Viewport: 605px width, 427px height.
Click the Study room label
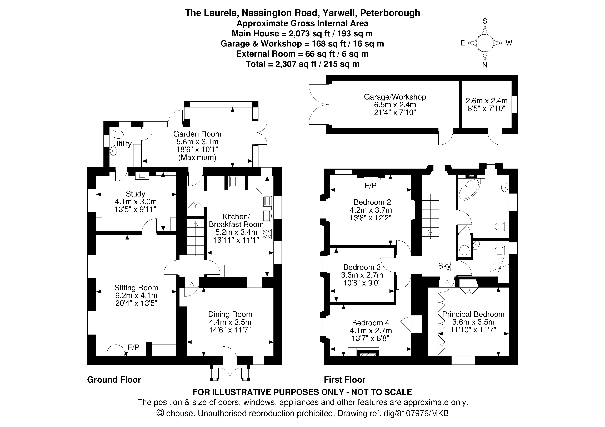pos(136,194)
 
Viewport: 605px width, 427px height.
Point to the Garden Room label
pos(197,134)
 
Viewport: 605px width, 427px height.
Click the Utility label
pos(122,144)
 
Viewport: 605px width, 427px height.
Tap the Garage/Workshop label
pos(395,97)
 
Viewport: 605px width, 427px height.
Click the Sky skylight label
pos(444,266)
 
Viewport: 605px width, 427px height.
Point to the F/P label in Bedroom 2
pos(371,186)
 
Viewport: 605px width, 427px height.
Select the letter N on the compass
pos(485,65)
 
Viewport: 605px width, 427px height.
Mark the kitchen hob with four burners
pos(267,234)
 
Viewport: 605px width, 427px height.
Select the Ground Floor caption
pos(114,380)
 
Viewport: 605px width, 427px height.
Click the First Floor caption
pos(344,380)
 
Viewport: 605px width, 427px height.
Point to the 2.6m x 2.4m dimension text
pos(486,101)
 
